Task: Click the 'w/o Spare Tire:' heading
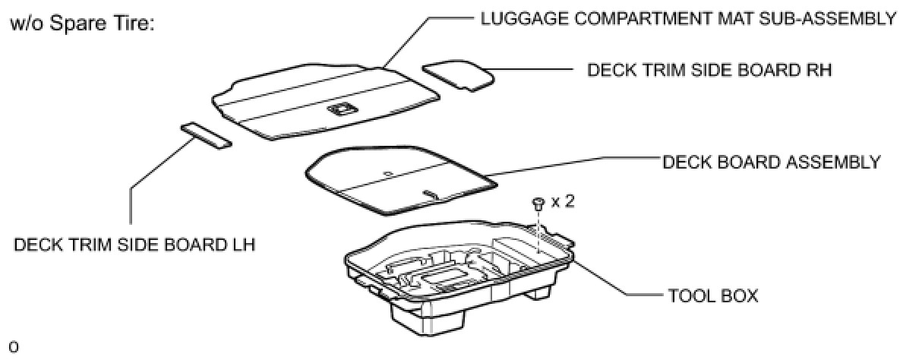(x=82, y=24)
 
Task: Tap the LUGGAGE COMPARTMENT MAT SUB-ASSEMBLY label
(x=688, y=18)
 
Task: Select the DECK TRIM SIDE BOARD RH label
(x=709, y=71)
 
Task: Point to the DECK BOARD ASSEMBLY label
(x=772, y=162)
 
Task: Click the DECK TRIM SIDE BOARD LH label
(x=134, y=245)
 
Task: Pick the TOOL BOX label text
(x=712, y=295)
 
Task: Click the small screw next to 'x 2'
(x=538, y=203)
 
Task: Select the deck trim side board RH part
(x=458, y=75)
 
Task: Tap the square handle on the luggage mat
(x=339, y=110)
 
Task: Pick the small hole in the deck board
(x=388, y=173)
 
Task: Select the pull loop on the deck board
(x=431, y=194)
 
